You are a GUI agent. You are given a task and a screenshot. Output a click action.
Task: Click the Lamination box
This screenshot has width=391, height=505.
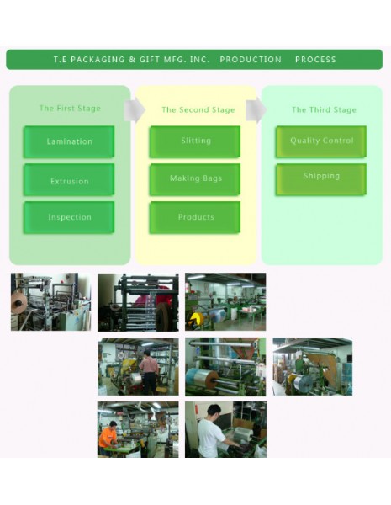pos(69,141)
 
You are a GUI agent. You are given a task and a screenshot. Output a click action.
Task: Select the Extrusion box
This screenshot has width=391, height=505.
pos(69,180)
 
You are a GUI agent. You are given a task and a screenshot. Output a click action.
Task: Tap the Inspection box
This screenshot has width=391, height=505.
pos(69,217)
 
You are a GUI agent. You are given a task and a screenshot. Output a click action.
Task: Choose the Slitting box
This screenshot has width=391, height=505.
pos(195,141)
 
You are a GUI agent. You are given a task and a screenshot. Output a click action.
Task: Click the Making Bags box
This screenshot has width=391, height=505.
pos(195,180)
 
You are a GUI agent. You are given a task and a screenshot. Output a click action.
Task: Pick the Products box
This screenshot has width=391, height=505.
pos(195,217)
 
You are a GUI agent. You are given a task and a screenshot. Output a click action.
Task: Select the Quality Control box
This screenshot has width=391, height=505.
pos(321,141)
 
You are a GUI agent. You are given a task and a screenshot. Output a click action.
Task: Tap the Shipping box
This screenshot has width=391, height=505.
pos(321,179)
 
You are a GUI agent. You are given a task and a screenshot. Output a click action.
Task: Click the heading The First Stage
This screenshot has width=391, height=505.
pos(70,109)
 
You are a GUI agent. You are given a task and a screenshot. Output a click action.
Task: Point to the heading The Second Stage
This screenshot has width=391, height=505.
pos(198,109)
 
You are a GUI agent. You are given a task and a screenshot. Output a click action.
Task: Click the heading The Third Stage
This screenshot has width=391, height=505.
pos(324,109)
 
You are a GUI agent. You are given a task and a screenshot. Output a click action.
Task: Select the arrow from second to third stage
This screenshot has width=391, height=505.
pos(256,110)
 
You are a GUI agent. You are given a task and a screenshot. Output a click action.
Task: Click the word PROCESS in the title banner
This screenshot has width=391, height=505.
pos(315,60)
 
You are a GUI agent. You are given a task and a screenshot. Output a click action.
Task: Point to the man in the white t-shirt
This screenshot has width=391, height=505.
pos(213,432)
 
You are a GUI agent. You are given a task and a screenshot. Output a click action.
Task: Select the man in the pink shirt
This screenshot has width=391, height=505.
pos(149,372)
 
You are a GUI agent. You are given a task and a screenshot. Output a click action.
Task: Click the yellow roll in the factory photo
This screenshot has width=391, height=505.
pos(197,318)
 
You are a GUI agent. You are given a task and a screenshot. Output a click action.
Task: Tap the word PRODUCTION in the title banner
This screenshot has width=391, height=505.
pos(251,60)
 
